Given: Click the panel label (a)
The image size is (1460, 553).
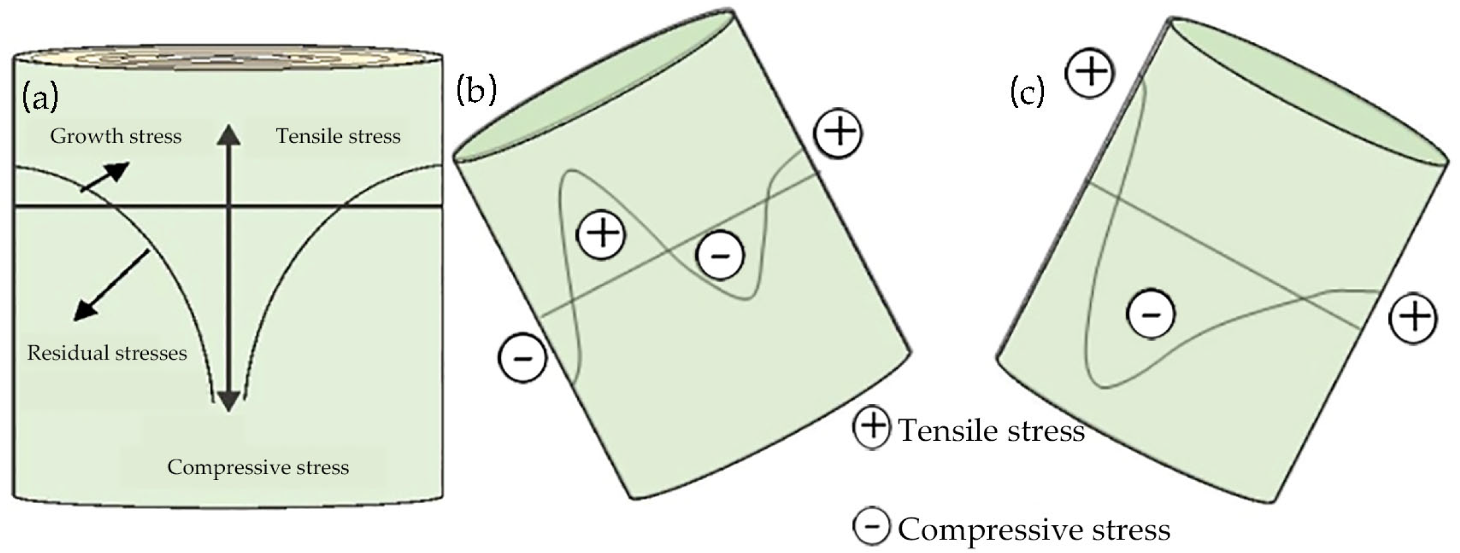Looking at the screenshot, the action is point(40,97).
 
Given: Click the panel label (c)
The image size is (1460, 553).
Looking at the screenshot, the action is point(1027,92).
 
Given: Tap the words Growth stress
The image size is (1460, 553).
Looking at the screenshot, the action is point(116,136).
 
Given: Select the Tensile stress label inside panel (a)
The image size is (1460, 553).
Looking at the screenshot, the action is point(338,136).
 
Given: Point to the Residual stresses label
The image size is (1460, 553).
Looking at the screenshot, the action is point(107,353).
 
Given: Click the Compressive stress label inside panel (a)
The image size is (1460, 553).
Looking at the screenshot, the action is point(258,467).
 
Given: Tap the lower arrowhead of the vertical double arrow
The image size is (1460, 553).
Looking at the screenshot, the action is point(228,401).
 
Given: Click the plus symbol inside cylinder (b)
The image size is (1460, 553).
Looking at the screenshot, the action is point(601,233).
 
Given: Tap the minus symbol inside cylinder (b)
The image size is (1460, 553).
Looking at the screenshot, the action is point(720,255).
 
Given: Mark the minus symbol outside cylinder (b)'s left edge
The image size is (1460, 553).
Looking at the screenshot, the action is point(522,358).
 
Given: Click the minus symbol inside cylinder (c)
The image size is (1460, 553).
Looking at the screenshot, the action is point(1151,314).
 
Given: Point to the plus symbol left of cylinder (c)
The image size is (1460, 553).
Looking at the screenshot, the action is point(1090,72).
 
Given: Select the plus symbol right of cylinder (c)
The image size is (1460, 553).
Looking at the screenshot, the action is point(1414,318).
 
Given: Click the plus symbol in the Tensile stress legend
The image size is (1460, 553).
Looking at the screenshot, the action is point(872,427).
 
